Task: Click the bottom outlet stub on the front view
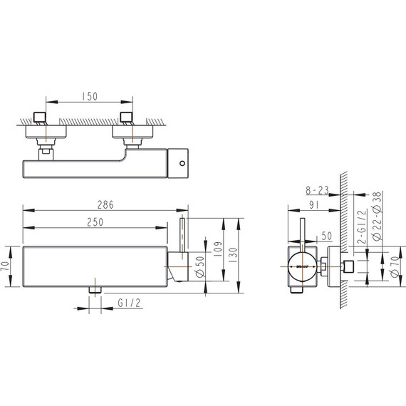tap(93, 288)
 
